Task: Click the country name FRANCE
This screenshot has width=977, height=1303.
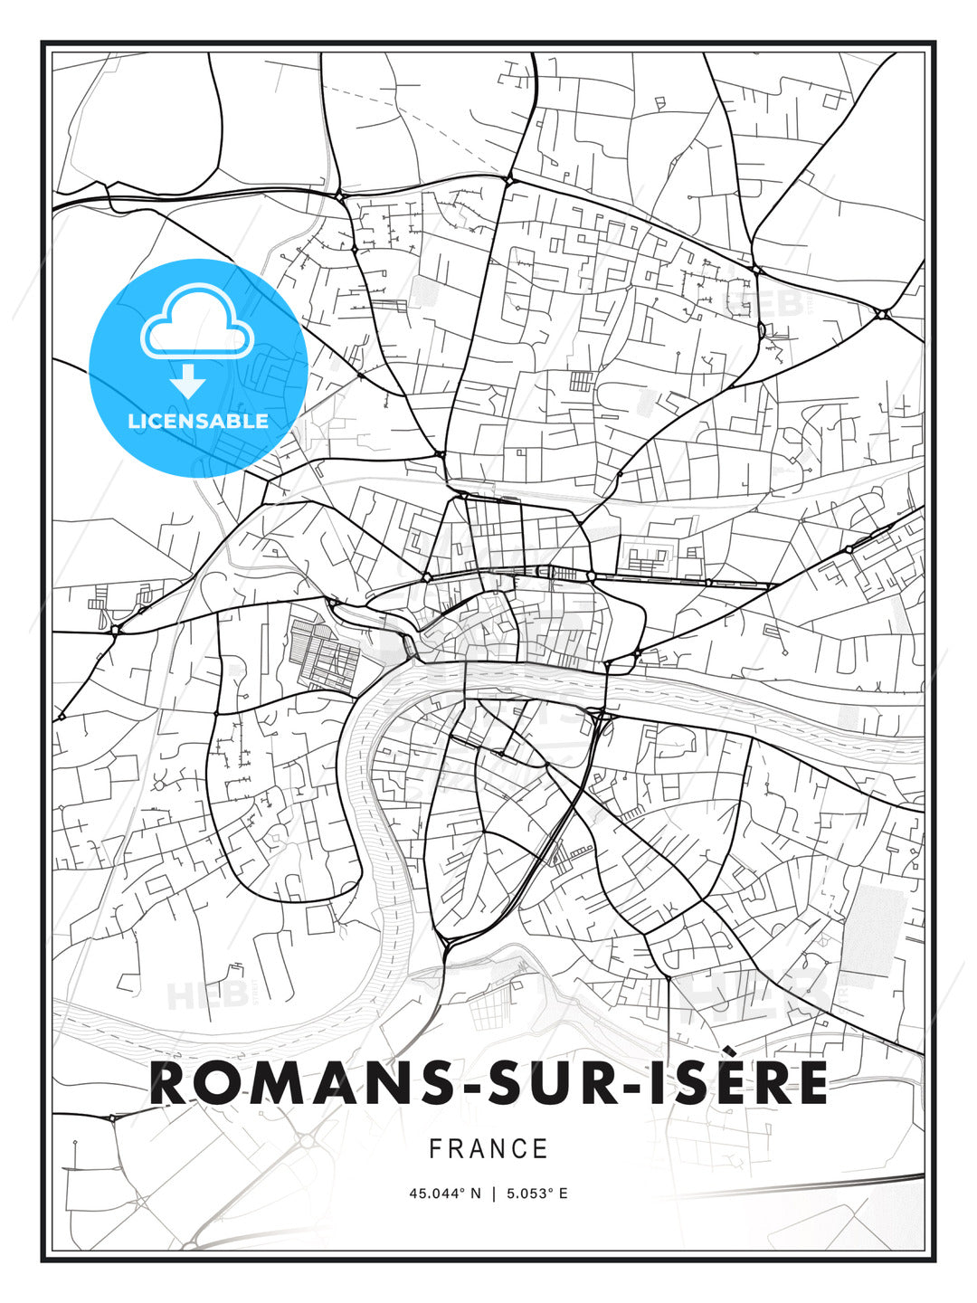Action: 488,1149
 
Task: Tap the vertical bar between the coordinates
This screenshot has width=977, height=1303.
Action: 493,1194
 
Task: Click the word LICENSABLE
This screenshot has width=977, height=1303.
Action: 198,421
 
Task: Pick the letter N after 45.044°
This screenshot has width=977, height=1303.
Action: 477,1194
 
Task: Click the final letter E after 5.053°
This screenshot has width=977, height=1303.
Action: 564,1194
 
